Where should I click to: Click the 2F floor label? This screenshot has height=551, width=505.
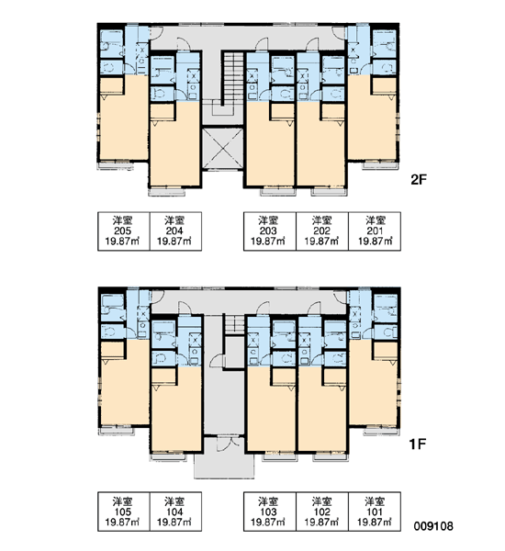coord(418,180)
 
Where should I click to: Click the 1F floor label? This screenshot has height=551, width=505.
coord(418,444)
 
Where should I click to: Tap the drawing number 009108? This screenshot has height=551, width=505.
coord(433,526)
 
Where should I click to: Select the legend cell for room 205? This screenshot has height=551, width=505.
coord(124,231)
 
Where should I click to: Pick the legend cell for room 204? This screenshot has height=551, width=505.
coord(175,231)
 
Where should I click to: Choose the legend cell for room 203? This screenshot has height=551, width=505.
coord(270,231)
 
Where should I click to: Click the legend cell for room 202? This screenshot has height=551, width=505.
coord(322,231)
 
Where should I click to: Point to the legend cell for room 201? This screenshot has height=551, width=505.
coord(375,231)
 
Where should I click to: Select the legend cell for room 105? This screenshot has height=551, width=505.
coord(124,512)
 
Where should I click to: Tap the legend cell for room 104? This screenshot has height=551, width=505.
coord(175,512)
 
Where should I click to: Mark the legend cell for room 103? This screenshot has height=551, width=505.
coord(270,512)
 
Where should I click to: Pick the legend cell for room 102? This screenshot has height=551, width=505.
coord(322,512)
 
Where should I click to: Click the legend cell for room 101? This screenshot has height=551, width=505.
coord(375,512)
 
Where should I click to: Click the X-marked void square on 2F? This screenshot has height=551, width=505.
coord(223,148)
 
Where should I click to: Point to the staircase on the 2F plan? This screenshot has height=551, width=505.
coord(232,79)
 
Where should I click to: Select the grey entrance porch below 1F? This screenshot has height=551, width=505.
coord(224,463)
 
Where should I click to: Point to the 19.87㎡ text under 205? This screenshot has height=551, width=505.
coord(122,241)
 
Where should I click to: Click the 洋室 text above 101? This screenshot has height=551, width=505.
coord(375,501)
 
